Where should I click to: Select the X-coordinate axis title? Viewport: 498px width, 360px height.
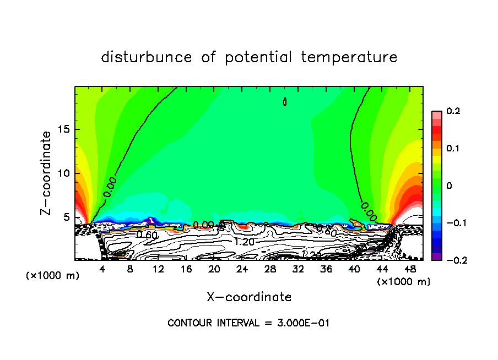(249, 297)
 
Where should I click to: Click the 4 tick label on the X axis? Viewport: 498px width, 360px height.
(102, 269)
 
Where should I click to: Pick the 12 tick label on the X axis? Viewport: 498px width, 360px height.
(158, 269)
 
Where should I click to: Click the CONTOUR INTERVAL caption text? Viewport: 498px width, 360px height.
(248, 323)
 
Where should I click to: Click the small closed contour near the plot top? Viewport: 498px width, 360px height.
(285, 102)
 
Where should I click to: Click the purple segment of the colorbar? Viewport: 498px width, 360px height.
(436, 257)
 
